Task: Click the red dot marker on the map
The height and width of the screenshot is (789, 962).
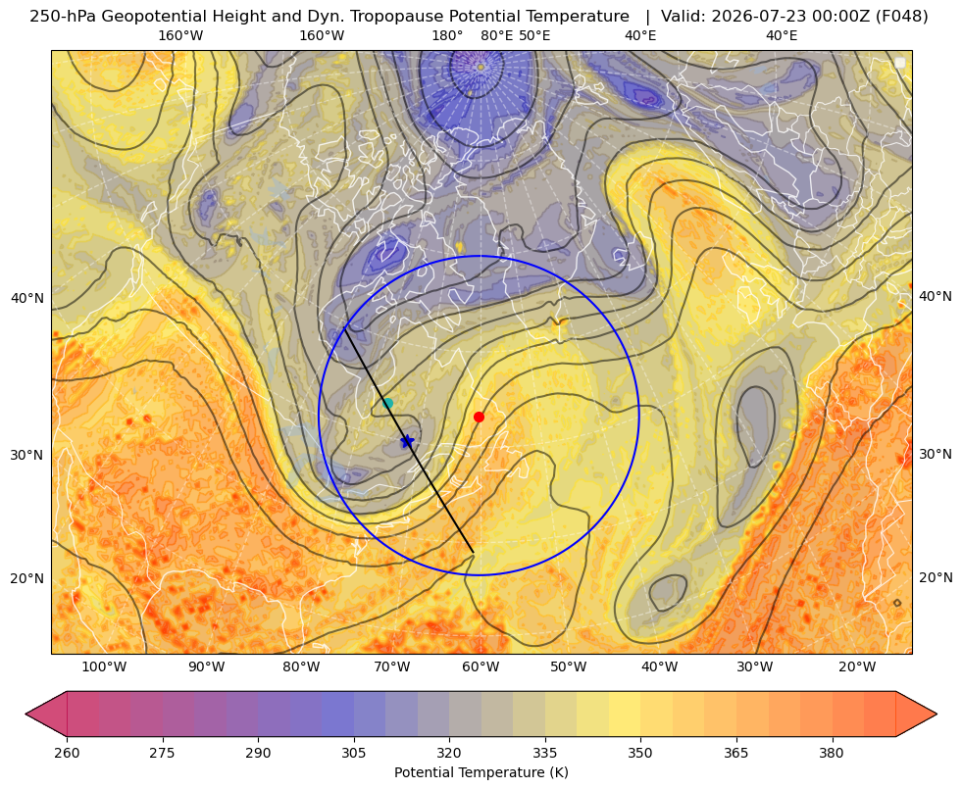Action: tap(480, 417)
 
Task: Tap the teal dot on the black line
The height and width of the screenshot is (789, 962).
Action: tap(387, 403)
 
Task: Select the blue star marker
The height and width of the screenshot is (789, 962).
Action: tap(407, 441)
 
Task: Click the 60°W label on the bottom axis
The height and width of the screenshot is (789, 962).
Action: tap(480, 666)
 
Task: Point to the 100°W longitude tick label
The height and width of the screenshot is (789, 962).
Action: tap(104, 666)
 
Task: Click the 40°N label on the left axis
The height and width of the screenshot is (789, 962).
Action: tap(27, 299)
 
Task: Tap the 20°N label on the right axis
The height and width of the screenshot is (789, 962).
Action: tap(936, 577)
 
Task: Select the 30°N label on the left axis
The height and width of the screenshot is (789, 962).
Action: tap(27, 455)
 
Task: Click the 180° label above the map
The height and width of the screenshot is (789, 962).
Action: tap(447, 35)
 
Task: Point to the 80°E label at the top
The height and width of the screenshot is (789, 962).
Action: tap(496, 35)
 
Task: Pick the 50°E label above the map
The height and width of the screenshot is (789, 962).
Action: tap(534, 35)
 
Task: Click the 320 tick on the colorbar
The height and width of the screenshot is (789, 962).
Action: tap(449, 753)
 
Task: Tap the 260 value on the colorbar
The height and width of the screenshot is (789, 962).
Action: tap(67, 753)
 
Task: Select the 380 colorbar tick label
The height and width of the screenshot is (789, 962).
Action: tap(832, 753)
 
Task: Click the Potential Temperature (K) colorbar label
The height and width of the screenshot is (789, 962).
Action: tap(481, 772)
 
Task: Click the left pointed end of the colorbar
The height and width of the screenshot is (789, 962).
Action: tap(26, 714)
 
